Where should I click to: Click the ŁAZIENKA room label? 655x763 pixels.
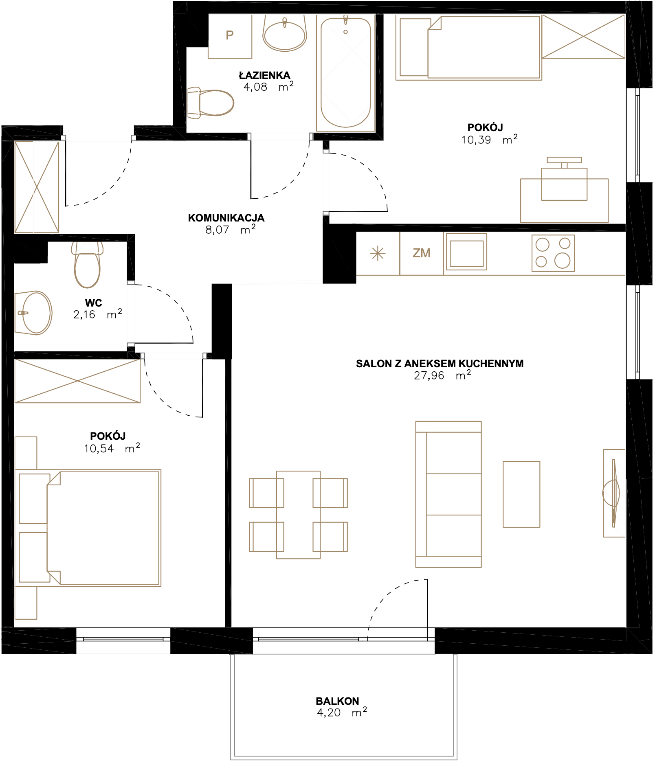coord(264,75)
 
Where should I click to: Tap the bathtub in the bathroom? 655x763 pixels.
coord(346,72)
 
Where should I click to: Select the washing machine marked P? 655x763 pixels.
coord(230,36)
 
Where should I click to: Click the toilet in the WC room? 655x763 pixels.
coord(87,265)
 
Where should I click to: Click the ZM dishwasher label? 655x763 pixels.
coord(422,253)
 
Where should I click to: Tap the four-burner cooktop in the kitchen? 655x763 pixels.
coord(553,253)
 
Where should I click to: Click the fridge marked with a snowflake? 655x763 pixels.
coord(378,253)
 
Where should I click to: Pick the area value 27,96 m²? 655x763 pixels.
coord(442,375)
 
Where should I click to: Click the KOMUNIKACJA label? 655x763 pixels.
coord(226,218)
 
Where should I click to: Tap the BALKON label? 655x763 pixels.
coord(338,701)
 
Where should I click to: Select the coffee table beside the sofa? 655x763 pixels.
coord(521,494)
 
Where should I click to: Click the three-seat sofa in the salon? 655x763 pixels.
coord(448,494)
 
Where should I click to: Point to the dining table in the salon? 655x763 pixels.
coord(299,515)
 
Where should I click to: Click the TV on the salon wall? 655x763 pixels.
coord(613,493)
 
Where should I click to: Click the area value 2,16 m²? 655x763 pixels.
coord(98,314)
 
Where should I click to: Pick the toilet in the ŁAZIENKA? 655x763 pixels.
coord(211,103)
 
